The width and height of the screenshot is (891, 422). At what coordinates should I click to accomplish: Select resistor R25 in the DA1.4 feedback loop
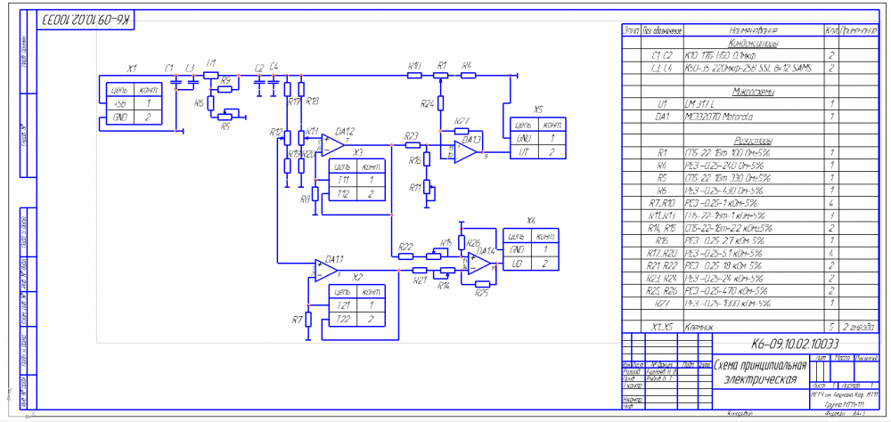[482, 286]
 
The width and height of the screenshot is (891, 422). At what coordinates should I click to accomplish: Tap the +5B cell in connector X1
[119, 103]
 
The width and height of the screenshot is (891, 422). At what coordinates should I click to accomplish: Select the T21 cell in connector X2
[343, 304]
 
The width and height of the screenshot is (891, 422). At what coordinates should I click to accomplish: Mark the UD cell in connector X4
[517, 264]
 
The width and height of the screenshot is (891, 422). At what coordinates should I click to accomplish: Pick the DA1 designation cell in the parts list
[661, 116]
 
